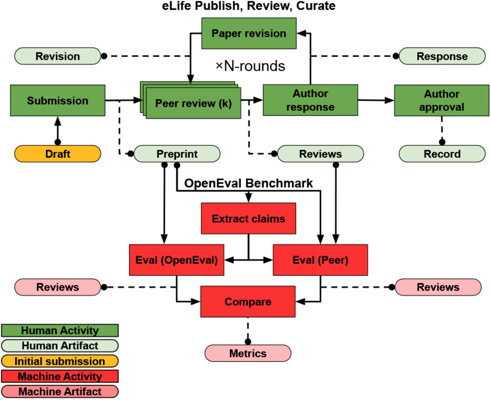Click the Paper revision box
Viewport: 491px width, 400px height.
coord(249,33)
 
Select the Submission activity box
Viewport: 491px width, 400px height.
coord(58,100)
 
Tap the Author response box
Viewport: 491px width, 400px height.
coord(310,100)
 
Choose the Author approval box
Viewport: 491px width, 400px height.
coord(442,100)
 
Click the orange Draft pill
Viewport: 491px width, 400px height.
coord(58,154)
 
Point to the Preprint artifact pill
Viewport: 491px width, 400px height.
coord(177,154)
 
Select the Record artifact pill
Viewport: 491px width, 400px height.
coord(442,154)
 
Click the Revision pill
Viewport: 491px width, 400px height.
coord(58,56)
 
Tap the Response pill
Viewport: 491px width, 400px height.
coord(442,56)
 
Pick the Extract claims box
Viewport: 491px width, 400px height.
coord(249,219)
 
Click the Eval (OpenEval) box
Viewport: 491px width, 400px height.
coord(176,260)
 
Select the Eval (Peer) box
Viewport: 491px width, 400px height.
coord(320,260)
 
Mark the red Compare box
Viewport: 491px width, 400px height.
coord(248,301)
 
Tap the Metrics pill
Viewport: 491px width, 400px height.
coord(248,353)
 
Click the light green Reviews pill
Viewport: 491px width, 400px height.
coord(321,154)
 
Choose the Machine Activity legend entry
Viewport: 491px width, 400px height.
coord(60,376)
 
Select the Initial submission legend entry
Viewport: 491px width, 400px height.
coord(60,361)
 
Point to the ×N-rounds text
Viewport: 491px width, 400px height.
coord(250,66)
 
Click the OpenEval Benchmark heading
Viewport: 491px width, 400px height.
coord(249,183)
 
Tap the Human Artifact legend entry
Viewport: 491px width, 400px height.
coord(60,346)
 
